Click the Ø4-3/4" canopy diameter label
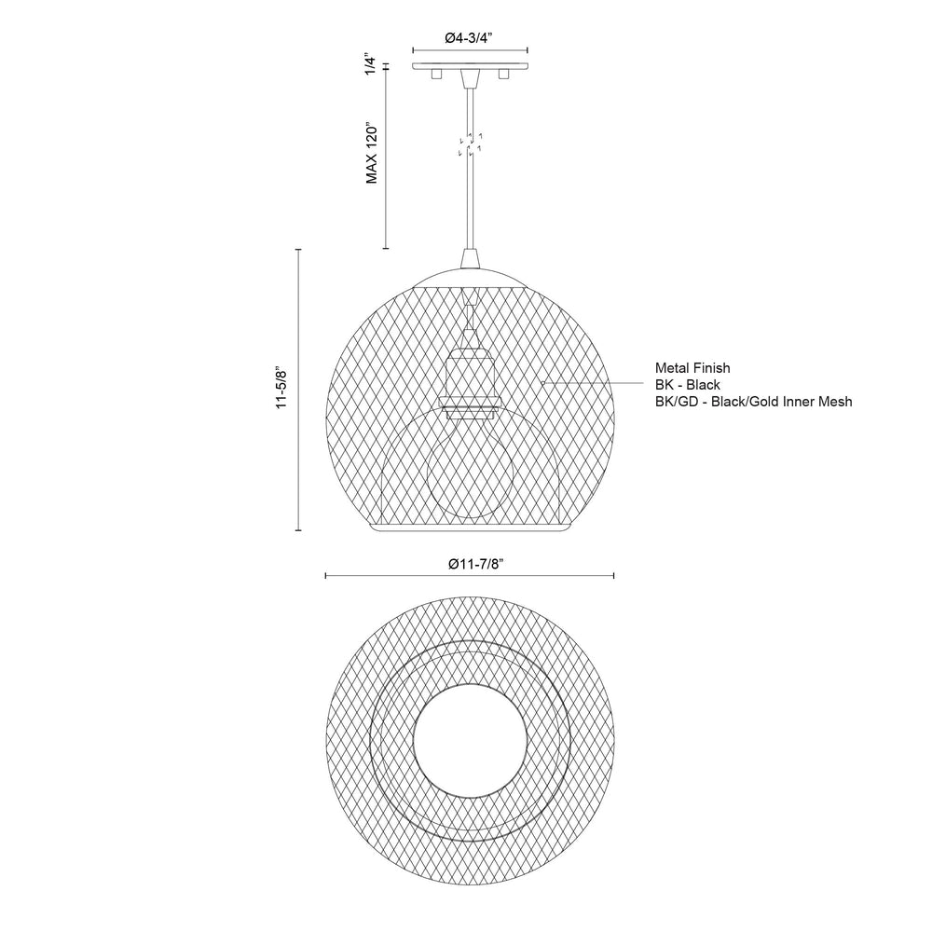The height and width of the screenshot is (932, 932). click(x=469, y=38)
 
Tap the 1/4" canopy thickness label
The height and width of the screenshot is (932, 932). click(x=371, y=65)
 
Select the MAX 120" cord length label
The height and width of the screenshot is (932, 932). click(x=372, y=154)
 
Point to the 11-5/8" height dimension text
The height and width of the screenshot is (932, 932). click(x=281, y=389)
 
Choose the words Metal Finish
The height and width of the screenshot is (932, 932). click(x=692, y=368)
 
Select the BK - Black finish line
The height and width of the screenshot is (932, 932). click(x=688, y=385)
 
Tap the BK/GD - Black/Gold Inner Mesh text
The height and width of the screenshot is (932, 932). click(x=754, y=401)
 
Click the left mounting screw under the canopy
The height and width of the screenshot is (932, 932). click(x=435, y=74)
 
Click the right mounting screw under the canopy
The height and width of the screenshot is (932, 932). click(x=504, y=74)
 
